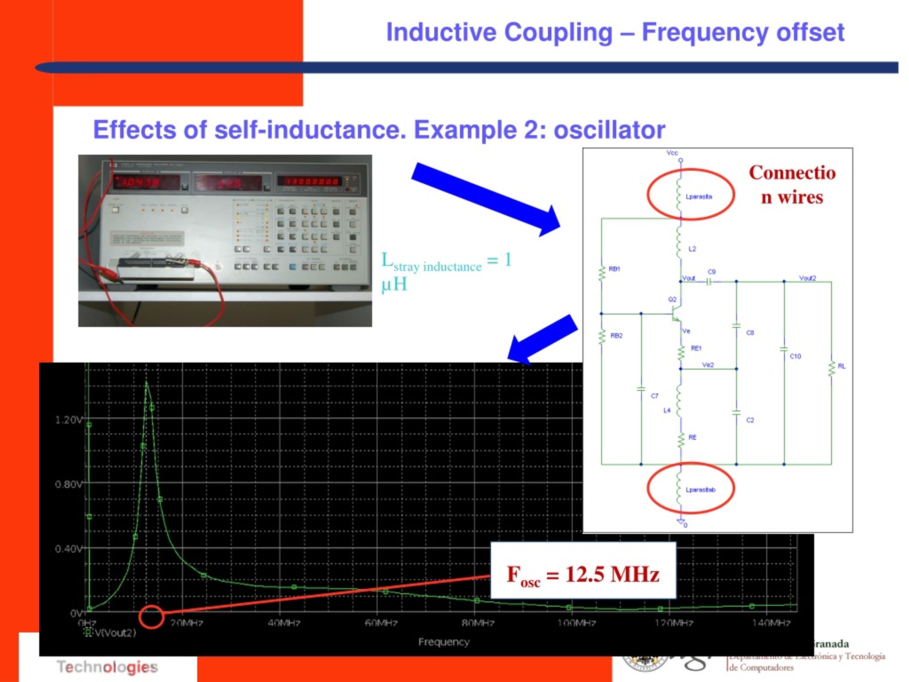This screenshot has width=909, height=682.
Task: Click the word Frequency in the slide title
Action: tap(704, 32)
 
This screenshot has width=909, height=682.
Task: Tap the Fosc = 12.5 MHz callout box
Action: tap(583, 574)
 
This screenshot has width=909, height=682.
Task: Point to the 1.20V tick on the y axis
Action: tap(69, 420)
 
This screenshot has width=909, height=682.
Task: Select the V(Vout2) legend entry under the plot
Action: tap(115, 633)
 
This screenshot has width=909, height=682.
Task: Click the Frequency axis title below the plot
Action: tap(444, 642)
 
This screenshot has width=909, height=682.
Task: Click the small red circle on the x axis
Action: tap(151, 617)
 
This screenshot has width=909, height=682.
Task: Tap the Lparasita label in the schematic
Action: tap(698, 196)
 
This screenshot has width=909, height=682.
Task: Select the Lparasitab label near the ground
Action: tap(700, 489)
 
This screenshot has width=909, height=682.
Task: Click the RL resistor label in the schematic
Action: tap(841, 366)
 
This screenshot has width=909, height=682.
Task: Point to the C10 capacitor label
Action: tap(795, 356)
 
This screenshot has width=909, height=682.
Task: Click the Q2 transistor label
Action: tap(672, 299)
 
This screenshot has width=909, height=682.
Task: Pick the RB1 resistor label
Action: tap(614, 269)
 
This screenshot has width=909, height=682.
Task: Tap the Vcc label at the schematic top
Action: tap(672, 152)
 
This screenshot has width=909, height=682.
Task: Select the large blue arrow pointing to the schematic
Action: tap(485, 199)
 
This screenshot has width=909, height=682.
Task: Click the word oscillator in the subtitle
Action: tap(609, 130)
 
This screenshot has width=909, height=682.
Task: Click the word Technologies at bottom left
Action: tap(107, 667)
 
